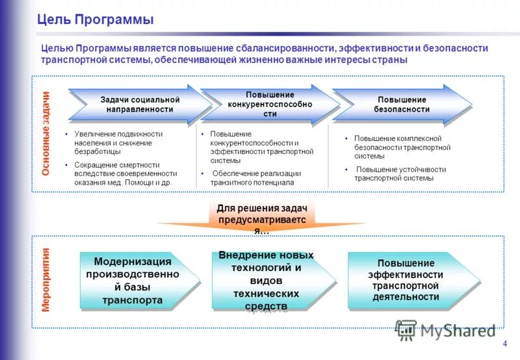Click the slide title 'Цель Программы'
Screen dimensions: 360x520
pyautogui.click(x=95, y=19)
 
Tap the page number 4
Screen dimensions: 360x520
pyautogui.click(x=505, y=344)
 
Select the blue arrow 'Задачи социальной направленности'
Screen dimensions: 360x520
pyautogui.click(x=140, y=105)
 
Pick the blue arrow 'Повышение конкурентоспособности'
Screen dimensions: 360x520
pyautogui.click(x=270, y=104)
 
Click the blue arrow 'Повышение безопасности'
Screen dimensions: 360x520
pyautogui.click(x=401, y=105)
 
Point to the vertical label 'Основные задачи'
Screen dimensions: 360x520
pyautogui.click(x=45, y=134)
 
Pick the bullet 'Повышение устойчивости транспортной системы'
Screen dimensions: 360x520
pyautogui.click(x=398, y=174)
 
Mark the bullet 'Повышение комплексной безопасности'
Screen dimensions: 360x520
pyautogui.click(x=397, y=148)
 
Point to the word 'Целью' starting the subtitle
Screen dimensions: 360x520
pyautogui.click(x=57, y=49)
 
